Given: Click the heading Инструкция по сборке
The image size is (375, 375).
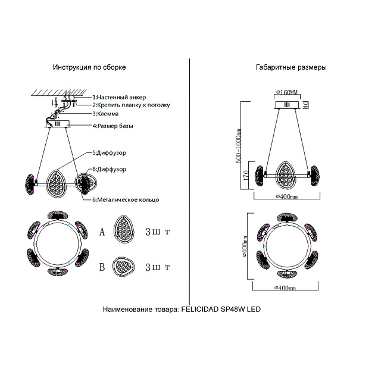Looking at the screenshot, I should (89, 68).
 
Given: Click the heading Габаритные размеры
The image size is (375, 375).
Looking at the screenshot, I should (290, 68).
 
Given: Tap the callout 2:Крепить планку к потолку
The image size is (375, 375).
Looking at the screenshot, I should (131, 105).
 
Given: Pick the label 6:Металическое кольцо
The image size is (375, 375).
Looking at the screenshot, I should (126, 199).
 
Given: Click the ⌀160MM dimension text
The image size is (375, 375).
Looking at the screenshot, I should (287, 92).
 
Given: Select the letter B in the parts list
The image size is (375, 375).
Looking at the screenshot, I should (102, 267).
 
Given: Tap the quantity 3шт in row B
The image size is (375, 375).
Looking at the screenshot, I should (157, 267).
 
